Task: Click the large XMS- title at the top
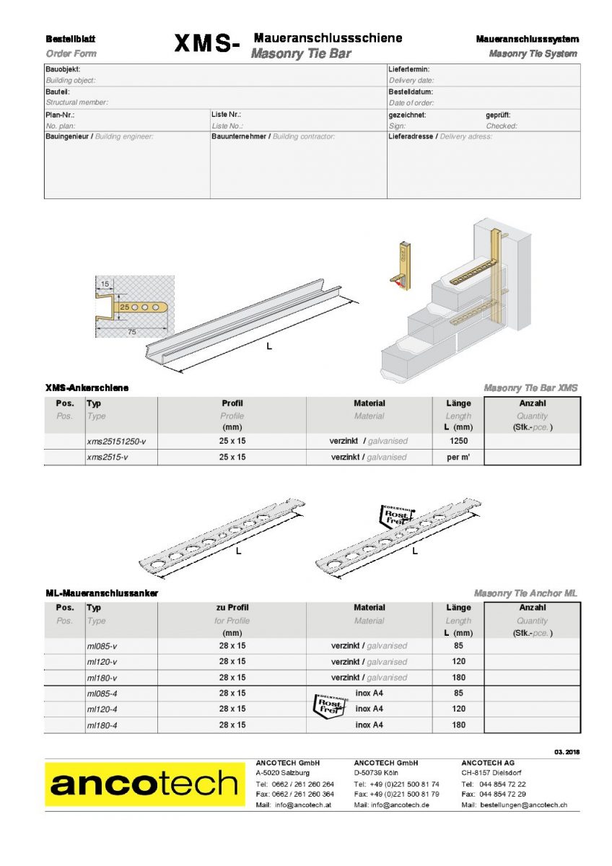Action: (206, 45)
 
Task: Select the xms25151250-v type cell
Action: (116, 440)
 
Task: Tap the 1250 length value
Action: (458, 440)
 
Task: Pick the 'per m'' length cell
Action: (458, 457)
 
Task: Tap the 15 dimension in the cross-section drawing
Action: (105, 284)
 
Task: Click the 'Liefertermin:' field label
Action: (409, 69)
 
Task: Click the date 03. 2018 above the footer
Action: (567, 752)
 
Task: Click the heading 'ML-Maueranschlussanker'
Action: (102, 593)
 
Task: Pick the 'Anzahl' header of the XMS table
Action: (532, 403)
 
